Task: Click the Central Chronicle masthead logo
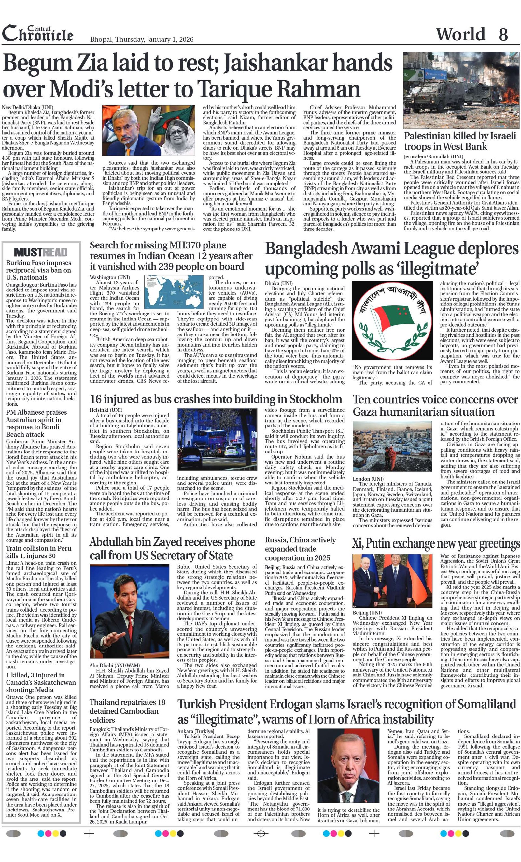(x=38, y=34)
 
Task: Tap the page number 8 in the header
(x=503, y=34)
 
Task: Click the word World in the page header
(x=460, y=34)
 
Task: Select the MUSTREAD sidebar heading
(x=41, y=252)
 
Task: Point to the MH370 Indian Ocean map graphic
(x=174, y=292)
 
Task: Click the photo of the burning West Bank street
(x=461, y=90)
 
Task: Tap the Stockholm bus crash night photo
(x=217, y=439)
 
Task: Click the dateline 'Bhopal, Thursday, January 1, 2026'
(x=142, y=39)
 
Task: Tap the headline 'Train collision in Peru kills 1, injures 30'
(x=38, y=552)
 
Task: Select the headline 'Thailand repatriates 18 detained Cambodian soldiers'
(x=127, y=710)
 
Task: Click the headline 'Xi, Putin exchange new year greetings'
(x=436, y=543)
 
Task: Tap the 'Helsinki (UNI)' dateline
(x=106, y=410)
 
